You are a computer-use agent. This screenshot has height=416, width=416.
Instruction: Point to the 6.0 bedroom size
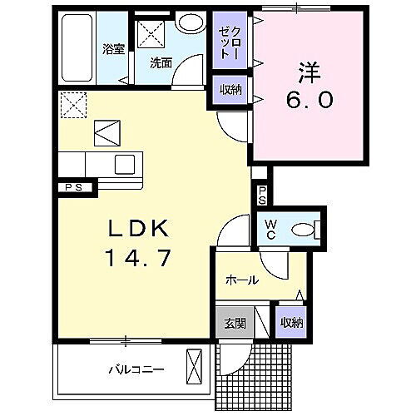coord(310,100)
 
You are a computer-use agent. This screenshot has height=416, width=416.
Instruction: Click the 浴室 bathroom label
coord(113,48)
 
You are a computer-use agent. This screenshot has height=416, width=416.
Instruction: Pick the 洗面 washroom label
coord(161,61)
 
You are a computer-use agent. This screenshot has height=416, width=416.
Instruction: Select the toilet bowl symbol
coord(306,230)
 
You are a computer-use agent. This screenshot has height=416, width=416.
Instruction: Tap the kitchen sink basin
coord(126,163)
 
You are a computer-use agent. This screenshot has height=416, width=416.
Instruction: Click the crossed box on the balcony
coord(195,366)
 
